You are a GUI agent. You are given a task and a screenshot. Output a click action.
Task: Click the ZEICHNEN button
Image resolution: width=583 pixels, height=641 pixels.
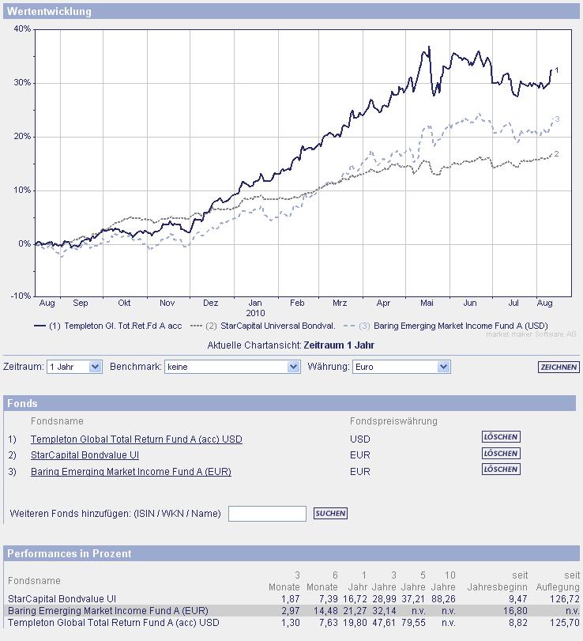click(559, 368)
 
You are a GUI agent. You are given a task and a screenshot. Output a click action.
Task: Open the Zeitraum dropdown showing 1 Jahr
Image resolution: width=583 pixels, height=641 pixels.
click(74, 367)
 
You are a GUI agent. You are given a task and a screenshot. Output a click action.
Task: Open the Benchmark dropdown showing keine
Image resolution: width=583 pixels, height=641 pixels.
click(233, 367)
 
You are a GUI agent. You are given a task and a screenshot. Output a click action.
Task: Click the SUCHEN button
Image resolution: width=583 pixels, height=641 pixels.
click(330, 514)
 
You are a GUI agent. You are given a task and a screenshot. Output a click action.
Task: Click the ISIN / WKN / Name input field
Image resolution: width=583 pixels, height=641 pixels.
click(267, 514)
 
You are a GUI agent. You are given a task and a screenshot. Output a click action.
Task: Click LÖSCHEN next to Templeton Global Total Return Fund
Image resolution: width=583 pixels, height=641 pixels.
click(501, 437)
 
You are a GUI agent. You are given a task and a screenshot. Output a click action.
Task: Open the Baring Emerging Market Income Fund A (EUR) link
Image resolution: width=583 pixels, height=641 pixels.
click(131, 472)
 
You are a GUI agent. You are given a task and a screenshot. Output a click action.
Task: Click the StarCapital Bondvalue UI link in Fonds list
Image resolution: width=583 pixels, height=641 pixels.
click(85, 455)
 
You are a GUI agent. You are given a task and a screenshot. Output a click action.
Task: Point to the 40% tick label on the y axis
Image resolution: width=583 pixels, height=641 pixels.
click(22, 29)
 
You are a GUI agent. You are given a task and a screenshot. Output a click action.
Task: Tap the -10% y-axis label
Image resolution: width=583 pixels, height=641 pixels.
click(21, 296)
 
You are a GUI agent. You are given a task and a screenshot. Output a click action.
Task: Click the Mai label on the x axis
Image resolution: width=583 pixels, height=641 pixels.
click(427, 303)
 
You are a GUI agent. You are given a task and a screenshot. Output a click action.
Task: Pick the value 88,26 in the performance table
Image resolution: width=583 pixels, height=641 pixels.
click(443, 599)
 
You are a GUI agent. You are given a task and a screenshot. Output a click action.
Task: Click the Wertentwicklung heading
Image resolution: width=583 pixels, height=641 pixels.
click(49, 12)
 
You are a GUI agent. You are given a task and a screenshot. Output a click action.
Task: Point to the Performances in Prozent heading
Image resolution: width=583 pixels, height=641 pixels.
click(70, 554)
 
